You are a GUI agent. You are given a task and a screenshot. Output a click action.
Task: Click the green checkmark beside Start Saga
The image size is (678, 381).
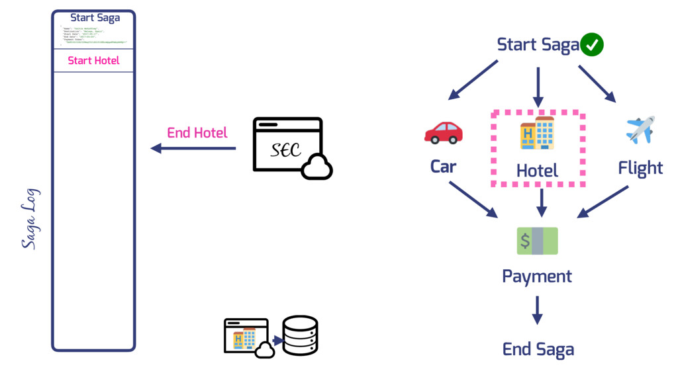(x=592, y=45)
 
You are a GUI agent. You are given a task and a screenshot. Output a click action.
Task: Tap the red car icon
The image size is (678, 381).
(x=443, y=132)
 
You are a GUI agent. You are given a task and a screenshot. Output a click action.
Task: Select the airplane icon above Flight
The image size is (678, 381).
(x=640, y=130)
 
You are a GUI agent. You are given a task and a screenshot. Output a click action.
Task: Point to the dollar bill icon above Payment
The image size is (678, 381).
(x=537, y=241)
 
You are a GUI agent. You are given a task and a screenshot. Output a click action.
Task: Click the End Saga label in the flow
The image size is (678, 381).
(x=538, y=349)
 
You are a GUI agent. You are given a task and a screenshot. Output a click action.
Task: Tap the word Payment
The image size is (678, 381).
(x=537, y=276)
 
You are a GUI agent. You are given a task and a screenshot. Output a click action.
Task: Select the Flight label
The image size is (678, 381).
(x=640, y=168)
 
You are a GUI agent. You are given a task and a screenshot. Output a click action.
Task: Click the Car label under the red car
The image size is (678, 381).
(x=443, y=167)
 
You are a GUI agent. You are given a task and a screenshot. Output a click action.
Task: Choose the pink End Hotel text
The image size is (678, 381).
(x=197, y=132)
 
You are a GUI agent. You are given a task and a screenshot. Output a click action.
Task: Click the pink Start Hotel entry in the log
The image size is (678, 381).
(x=93, y=61)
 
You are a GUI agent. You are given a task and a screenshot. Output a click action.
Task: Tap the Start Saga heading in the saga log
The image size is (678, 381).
(x=95, y=18)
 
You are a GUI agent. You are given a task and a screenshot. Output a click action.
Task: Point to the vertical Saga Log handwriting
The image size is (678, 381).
(x=30, y=219)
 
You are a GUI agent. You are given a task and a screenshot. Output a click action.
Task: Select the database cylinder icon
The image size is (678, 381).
(x=300, y=335)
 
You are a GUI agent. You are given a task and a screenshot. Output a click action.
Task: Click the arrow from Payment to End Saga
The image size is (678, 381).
(x=537, y=310)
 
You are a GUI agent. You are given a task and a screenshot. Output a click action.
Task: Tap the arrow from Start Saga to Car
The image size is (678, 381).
(x=473, y=80)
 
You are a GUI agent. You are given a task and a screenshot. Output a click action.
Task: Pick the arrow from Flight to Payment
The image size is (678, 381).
(x=603, y=201)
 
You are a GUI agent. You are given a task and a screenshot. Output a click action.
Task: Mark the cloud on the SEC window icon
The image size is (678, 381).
(x=316, y=167)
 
